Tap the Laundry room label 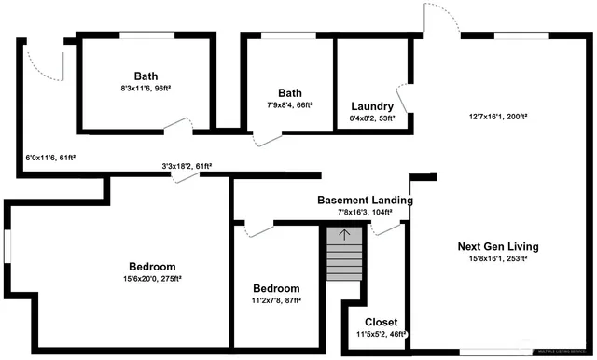[372, 105]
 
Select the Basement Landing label [365, 200]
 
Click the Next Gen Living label [498, 246]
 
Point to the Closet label [381, 322]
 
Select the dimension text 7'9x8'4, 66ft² [290, 105]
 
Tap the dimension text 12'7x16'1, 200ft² [498, 118]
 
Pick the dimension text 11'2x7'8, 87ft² [278, 301]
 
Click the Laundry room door [404, 98]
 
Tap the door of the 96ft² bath [176, 127]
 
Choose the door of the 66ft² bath [267, 137]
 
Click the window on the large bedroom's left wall [6, 248]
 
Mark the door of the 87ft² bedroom [258, 227]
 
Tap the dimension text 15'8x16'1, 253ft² [498, 258]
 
